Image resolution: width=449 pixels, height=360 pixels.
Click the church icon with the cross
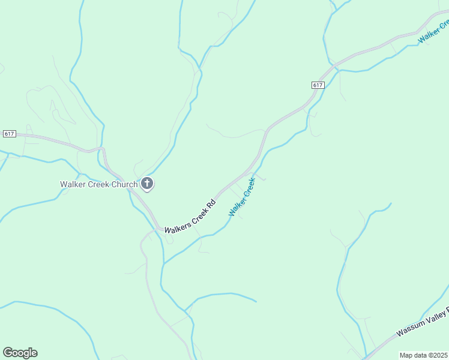146,184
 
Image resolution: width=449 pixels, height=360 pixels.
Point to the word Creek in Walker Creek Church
98,184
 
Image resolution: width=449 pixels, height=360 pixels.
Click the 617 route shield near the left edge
9,133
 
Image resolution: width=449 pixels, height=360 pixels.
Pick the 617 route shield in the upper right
318,85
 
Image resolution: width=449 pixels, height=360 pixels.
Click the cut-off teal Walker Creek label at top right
433,31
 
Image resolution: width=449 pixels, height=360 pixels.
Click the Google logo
20,353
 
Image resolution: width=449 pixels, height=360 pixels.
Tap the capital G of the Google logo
7,352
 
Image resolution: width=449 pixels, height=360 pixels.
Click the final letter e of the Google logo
34,353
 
